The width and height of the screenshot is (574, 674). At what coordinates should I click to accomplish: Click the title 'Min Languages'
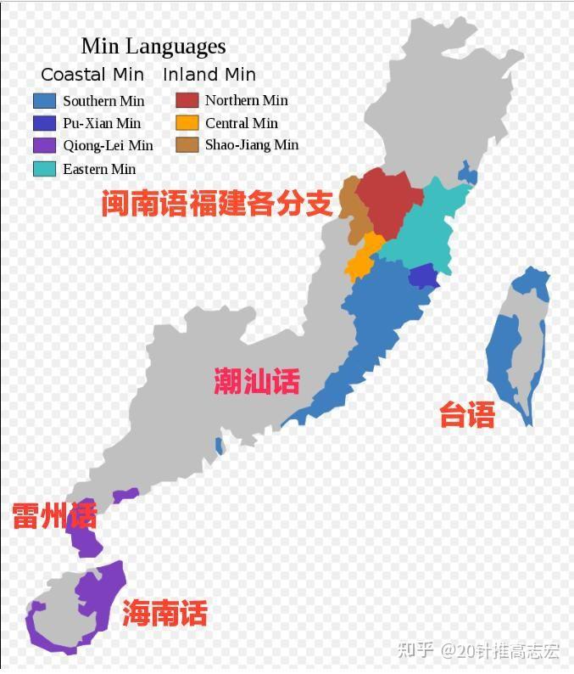(x=153, y=46)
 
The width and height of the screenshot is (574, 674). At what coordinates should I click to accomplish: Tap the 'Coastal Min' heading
(x=92, y=75)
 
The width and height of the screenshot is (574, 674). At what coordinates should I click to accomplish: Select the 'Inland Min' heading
(x=209, y=75)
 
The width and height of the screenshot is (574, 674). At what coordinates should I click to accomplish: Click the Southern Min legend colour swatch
(x=45, y=101)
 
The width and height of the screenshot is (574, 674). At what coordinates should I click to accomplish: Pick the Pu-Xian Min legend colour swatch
(x=45, y=123)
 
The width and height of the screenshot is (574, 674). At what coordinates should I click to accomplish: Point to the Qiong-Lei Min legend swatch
(x=45, y=145)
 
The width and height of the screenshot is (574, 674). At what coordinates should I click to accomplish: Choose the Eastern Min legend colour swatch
(x=45, y=168)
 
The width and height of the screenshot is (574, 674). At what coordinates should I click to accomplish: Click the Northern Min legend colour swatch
(x=187, y=100)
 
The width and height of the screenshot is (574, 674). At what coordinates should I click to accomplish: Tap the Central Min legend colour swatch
(x=187, y=122)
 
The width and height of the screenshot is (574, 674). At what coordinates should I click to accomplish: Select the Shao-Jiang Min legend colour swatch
(x=187, y=144)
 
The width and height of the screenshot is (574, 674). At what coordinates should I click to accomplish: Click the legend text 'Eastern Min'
(x=98, y=169)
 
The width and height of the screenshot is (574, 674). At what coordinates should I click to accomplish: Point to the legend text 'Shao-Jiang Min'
(x=252, y=145)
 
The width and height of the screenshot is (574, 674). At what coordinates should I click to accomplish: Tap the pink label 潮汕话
(x=256, y=382)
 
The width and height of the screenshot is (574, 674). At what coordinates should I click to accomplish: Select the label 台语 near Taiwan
(x=466, y=415)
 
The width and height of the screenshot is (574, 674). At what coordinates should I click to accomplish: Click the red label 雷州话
(x=54, y=515)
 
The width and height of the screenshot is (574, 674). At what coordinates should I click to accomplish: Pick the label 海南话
(x=164, y=613)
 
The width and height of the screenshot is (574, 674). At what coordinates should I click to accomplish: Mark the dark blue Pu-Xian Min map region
(x=422, y=276)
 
